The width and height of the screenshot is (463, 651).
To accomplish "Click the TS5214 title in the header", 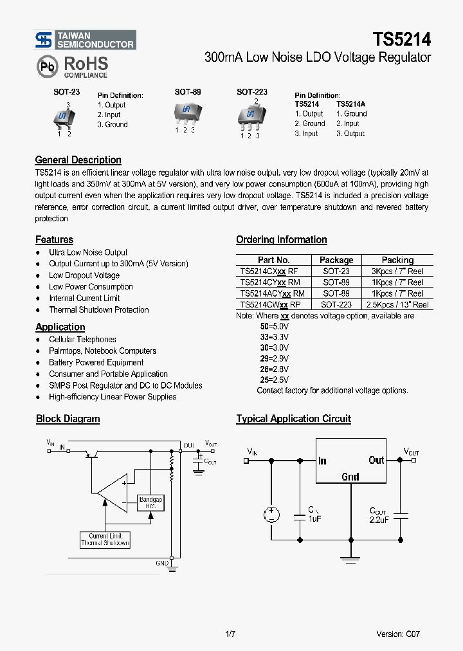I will click(401, 39).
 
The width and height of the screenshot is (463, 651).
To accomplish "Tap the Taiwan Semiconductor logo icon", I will click(44, 40).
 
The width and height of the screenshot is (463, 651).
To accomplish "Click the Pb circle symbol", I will click(46, 66).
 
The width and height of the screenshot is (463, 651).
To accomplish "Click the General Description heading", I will click(78, 160).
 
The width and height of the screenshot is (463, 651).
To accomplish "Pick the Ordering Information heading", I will click(281, 240).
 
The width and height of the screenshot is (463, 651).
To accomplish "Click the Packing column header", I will click(397, 260).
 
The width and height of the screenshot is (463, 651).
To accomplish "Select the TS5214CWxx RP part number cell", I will click(269, 304).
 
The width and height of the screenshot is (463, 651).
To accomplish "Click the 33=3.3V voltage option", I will click(275, 336).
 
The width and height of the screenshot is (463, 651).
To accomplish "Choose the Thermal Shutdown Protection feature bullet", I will click(98, 309).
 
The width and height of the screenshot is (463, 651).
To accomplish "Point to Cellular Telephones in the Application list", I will click(82, 339).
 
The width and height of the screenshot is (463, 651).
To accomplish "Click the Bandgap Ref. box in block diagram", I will click(150, 502).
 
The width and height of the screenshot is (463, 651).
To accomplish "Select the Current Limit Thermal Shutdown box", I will click(105, 539).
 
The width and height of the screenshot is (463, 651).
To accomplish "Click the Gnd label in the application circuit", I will click(350, 477).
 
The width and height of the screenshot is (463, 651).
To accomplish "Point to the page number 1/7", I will click(231, 634).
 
